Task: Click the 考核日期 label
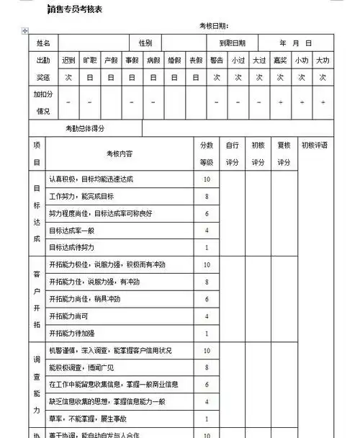click(214, 26)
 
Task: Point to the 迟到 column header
click(69, 61)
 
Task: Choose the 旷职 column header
click(90, 61)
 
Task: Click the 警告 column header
click(217, 61)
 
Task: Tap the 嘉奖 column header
click(280, 61)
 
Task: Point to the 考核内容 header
click(120, 153)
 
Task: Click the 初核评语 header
click(315, 145)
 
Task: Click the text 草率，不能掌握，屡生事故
click(88, 419)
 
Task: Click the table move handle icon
click(26, 31)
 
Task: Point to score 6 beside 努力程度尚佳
click(207, 213)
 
